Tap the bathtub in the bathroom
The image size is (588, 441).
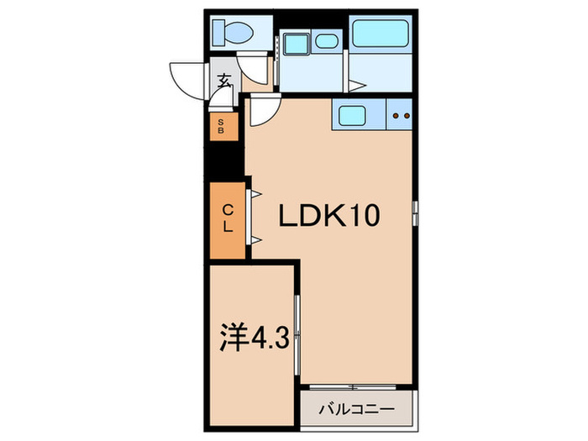380,34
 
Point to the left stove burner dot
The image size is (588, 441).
396,115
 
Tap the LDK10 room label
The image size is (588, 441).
330,217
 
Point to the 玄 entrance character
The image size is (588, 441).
224,81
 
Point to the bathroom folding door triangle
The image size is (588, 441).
357,84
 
